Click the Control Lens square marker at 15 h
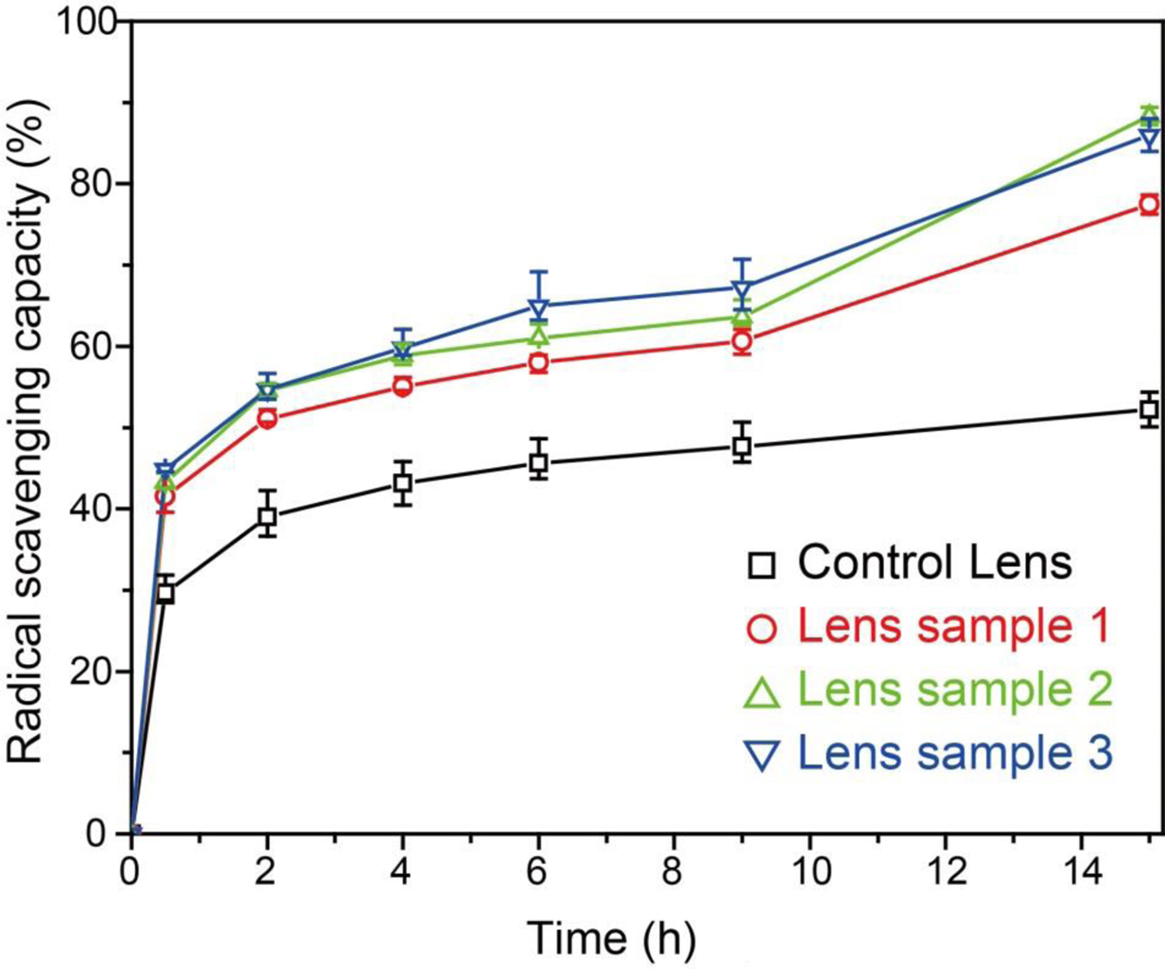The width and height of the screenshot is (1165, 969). pyautogui.click(x=1149, y=409)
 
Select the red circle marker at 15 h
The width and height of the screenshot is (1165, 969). pyautogui.click(x=1149, y=205)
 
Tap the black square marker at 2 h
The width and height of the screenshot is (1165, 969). pyautogui.click(x=267, y=517)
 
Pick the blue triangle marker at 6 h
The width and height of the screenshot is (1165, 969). pyautogui.click(x=538, y=306)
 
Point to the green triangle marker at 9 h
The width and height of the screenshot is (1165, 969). pyautogui.click(x=742, y=316)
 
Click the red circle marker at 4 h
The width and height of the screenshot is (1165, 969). pyautogui.click(x=402, y=386)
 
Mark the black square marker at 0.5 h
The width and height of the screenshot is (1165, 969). pyautogui.click(x=166, y=593)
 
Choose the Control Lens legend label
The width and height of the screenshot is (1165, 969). pyautogui.click(x=935, y=562)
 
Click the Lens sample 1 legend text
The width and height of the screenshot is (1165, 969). pyautogui.click(x=952, y=626)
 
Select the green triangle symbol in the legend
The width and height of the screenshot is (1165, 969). pyautogui.click(x=762, y=693)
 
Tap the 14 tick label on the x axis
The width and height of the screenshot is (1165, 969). pyautogui.click(x=1081, y=874)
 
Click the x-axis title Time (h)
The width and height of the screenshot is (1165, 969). pyautogui.click(x=611, y=938)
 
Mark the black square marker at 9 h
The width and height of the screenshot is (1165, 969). pyautogui.click(x=742, y=447)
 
